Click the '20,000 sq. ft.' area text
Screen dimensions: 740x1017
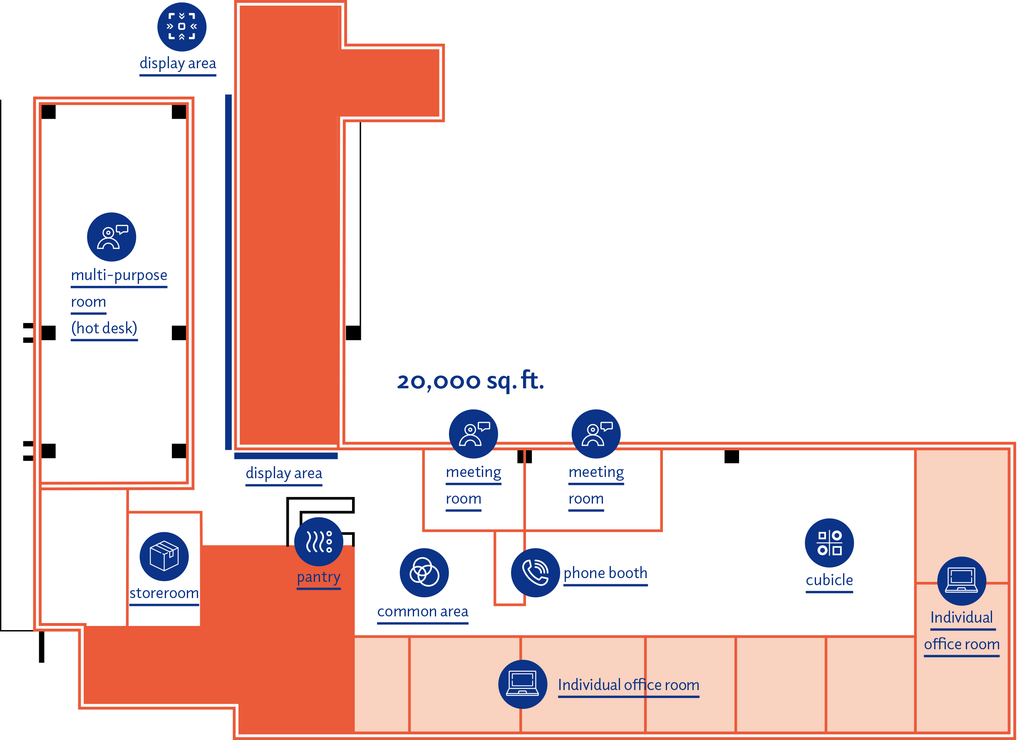pyautogui.click(x=470, y=381)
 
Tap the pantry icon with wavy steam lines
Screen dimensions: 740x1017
pyautogui.click(x=318, y=541)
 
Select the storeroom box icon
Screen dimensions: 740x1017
pyautogui.click(x=164, y=556)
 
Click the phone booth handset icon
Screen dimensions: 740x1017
pyautogui.click(x=535, y=573)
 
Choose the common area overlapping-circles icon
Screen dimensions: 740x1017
pyautogui.click(x=424, y=573)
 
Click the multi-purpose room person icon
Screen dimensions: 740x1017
pyautogui.click(x=111, y=237)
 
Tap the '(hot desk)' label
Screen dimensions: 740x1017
pyautogui.click(x=104, y=328)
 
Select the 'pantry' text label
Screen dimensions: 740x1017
pyautogui.click(x=318, y=577)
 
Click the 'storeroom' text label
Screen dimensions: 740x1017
pyautogui.click(x=164, y=593)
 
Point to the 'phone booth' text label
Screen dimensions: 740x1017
pyautogui.click(x=605, y=573)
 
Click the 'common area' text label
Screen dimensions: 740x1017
pyautogui.click(x=422, y=612)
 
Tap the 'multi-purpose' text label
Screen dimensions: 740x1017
pyautogui.click(x=119, y=275)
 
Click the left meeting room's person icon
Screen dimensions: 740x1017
pyautogui.click(x=473, y=434)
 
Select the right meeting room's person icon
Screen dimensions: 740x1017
pyautogui.click(x=596, y=434)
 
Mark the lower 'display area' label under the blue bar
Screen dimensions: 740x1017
pyautogui.click(x=284, y=473)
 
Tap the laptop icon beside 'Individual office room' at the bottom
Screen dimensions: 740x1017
pyautogui.click(x=522, y=684)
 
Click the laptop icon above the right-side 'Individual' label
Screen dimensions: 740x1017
pyautogui.click(x=961, y=581)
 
